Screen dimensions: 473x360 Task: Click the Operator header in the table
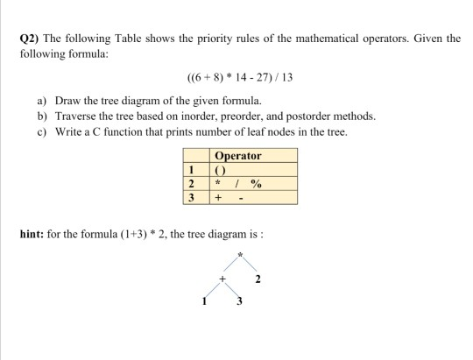237,156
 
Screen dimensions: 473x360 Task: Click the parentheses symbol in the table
221,170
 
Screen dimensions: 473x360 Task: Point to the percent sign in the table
256,184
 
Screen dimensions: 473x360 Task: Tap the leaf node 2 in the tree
258,280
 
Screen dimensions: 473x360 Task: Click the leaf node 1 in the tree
204,302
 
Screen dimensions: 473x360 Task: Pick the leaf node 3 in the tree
238,303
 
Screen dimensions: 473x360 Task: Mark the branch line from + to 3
232,292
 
